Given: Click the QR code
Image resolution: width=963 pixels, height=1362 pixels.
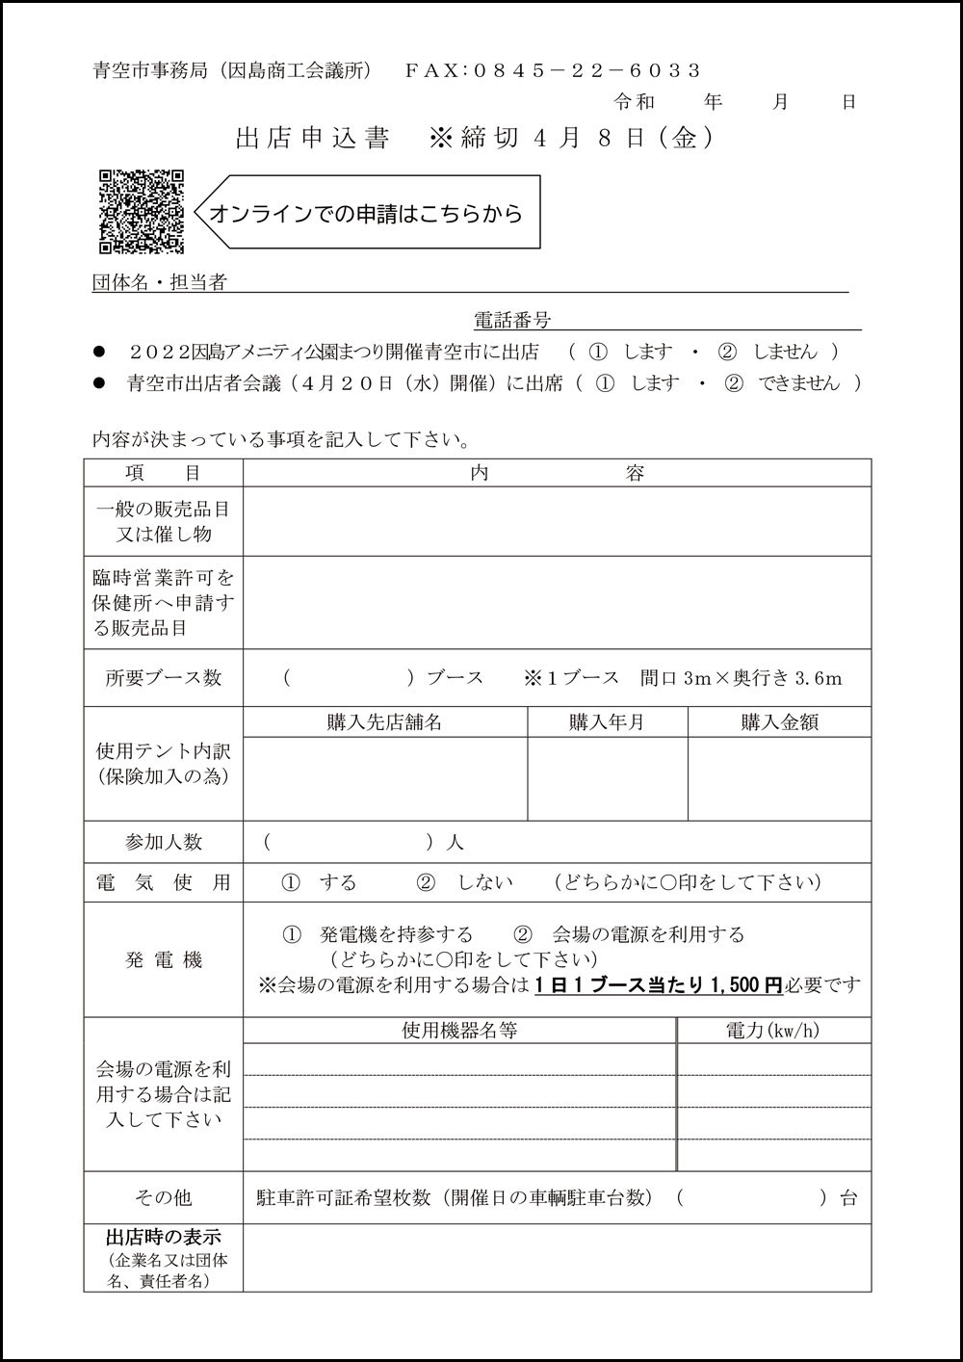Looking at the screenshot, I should point(142,212).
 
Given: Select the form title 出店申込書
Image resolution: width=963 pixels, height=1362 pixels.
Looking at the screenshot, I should point(313,139).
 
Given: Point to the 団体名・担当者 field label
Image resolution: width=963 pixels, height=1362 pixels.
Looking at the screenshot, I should point(159,282).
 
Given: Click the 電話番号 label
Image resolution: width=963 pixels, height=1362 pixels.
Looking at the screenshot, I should point(511,320).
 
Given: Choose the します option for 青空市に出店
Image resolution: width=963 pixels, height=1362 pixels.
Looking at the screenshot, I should point(647,352).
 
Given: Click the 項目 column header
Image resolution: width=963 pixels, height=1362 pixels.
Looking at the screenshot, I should point(163,473).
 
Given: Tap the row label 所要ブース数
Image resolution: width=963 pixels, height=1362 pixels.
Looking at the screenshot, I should point(163,677).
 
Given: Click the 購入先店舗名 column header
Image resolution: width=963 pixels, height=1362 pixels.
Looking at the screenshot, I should point(384,722).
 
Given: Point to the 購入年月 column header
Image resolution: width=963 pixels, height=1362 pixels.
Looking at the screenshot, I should point(607,722).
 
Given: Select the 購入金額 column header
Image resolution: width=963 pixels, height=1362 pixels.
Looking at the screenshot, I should point(779,722).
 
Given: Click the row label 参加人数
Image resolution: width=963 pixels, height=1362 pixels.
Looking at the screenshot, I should point(163,842).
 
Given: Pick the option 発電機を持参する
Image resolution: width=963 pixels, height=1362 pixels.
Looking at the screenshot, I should point(396,934).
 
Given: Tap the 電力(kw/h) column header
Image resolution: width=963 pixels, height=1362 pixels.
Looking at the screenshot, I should point(772,1031).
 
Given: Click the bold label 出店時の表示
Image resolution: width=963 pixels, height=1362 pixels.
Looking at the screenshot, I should point(163,1237).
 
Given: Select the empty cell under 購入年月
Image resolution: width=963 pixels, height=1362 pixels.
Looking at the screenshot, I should point(607,778).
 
